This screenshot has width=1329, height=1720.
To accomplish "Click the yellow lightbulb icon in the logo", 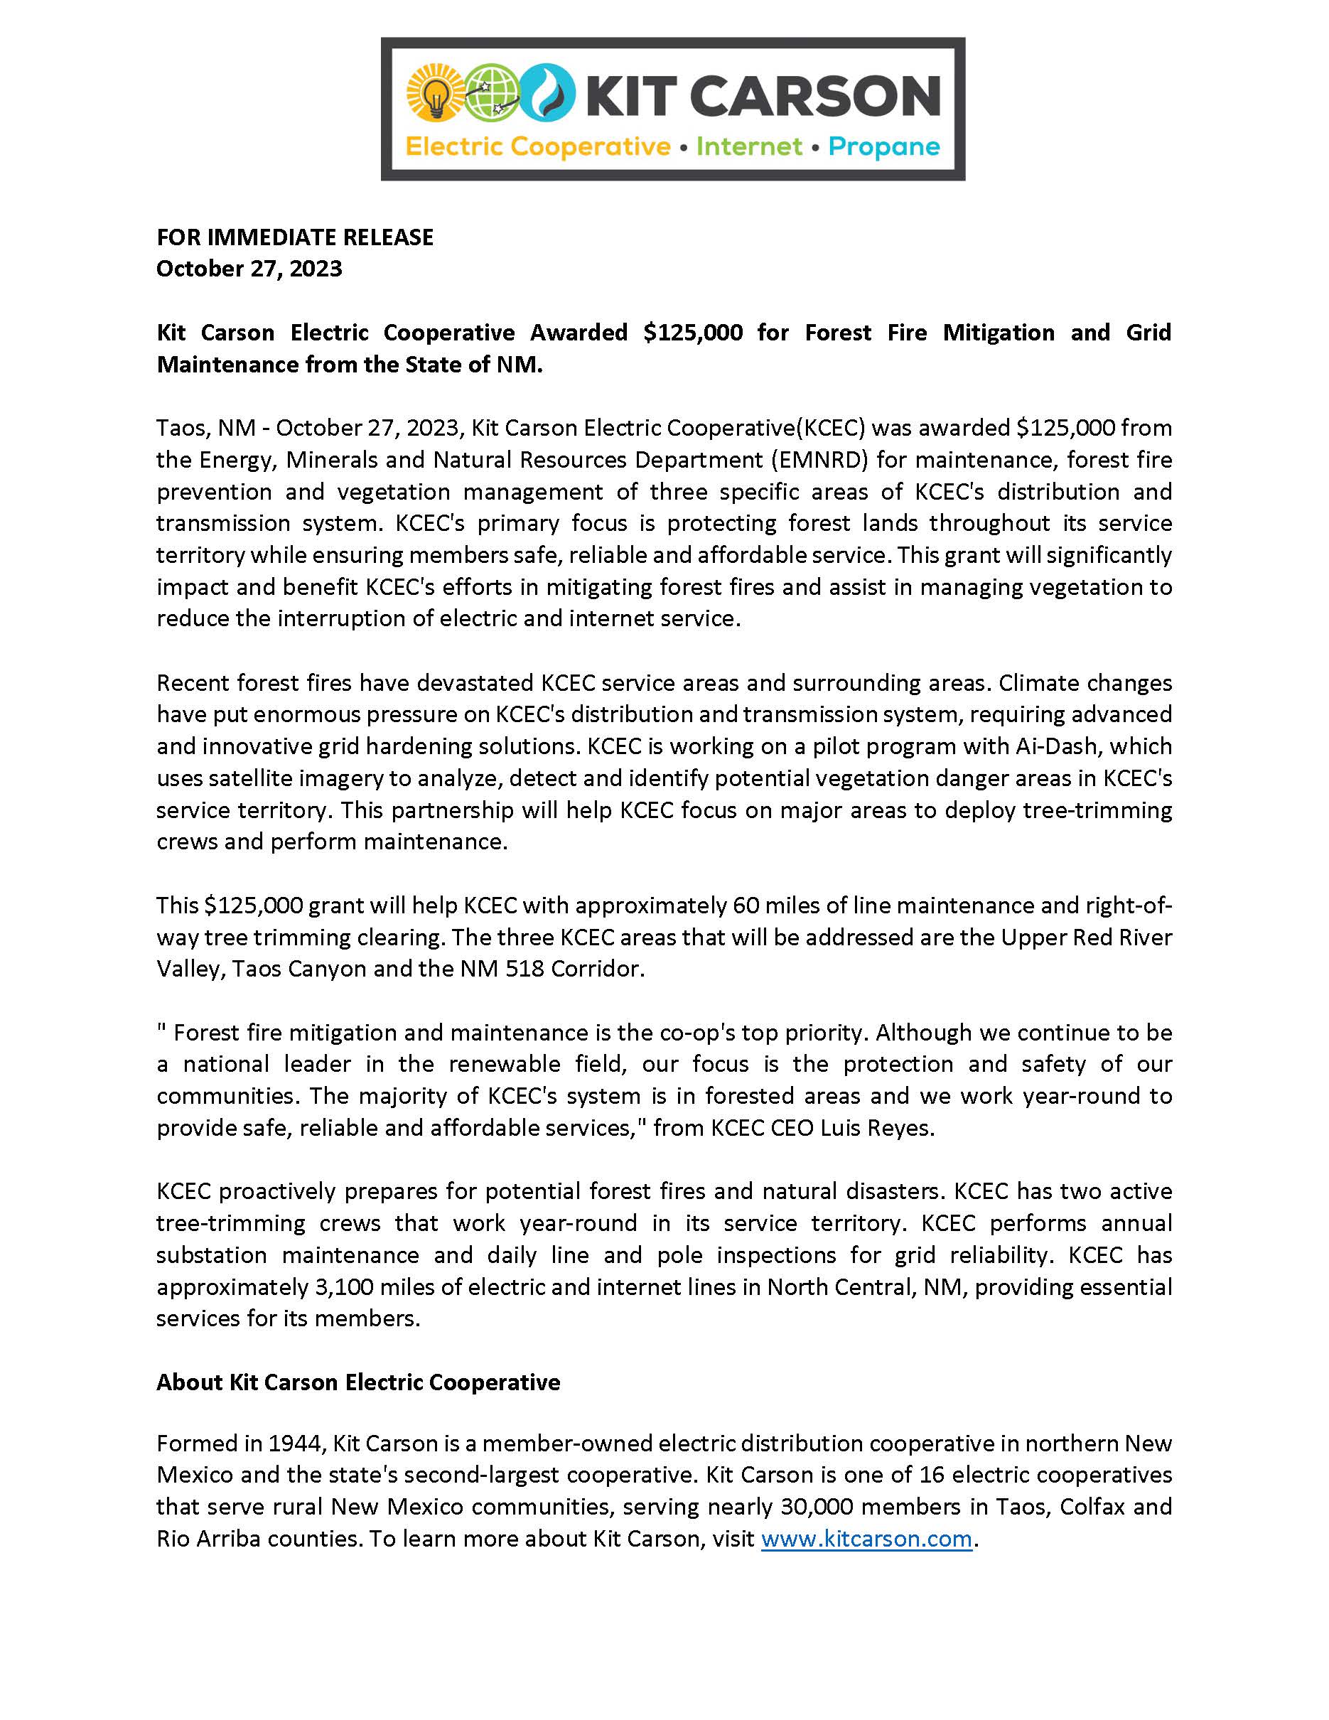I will click(x=433, y=95).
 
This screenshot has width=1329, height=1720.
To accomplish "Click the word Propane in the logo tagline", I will click(x=883, y=147).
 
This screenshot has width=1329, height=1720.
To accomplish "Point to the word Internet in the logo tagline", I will click(x=749, y=147).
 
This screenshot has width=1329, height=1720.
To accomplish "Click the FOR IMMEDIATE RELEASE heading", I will click(x=294, y=237).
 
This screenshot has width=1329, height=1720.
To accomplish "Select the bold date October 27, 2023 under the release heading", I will click(x=249, y=269).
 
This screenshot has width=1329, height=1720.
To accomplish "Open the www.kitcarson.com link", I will click(x=866, y=1538).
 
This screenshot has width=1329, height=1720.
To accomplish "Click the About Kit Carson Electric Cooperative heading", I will click(x=358, y=1382).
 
